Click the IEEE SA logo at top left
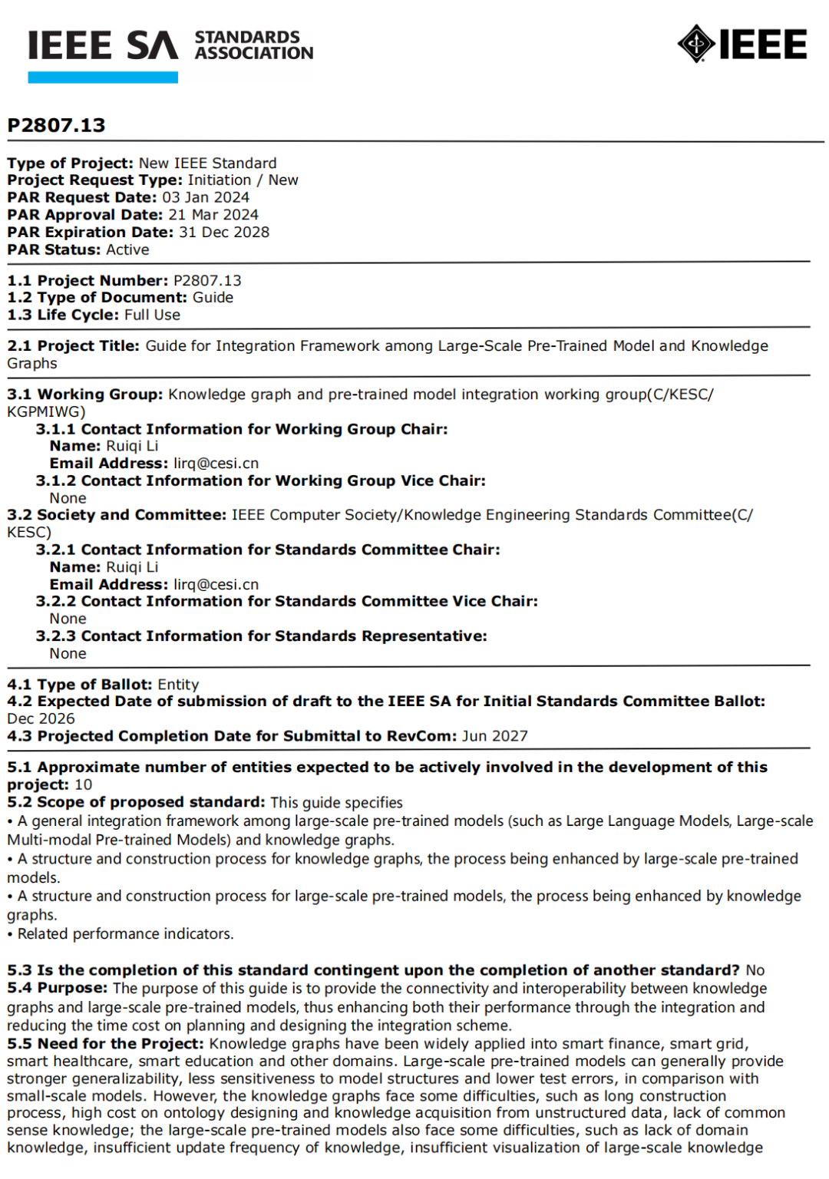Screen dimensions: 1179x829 tap(103, 46)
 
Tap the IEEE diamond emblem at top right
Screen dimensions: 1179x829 tap(696, 44)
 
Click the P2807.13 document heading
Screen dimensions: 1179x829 tap(56, 125)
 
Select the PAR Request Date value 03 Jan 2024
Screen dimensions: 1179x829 tap(206, 197)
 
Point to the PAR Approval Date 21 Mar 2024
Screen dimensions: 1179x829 tap(213, 215)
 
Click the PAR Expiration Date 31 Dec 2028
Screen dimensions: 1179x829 tap(224, 232)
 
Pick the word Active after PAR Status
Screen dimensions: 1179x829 tap(127, 249)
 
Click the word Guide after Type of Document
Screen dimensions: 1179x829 tap(213, 297)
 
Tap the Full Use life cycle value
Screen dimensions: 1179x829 tap(152, 315)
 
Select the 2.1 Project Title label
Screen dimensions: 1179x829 tap(74, 345)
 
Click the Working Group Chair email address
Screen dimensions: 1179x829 tap(216, 463)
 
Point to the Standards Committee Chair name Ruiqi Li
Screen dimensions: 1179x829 tap(132, 566)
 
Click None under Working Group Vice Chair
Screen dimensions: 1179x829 tap(68, 498)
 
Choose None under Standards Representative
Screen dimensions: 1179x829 tap(68, 653)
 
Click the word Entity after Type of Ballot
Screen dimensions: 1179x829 tap(178, 684)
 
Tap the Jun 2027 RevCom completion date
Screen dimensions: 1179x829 tap(494, 736)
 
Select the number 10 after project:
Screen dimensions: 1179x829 tap(83, 784)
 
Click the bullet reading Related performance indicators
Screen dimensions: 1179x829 tap(125, 933)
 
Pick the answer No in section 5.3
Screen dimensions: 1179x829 tap(755, 970)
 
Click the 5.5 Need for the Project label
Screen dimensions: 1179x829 tap(106, 1043)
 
